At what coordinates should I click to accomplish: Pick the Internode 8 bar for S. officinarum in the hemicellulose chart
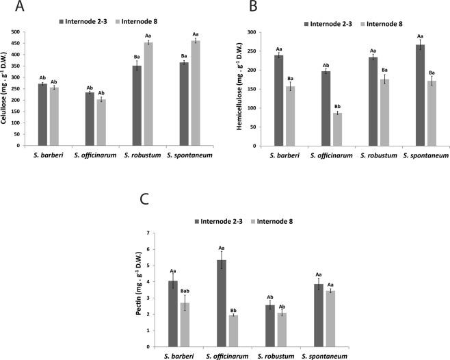(x=337, y=129)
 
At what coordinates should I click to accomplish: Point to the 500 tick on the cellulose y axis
(x=26, y=33)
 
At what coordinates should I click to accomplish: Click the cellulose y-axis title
(x=6, y=89)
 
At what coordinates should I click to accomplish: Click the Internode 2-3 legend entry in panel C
(x=220, y=220)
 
